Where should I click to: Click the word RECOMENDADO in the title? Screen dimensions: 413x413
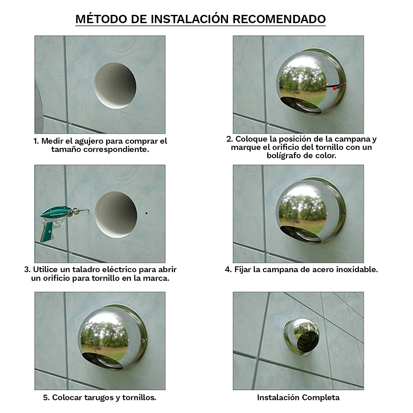[x=279, y=19]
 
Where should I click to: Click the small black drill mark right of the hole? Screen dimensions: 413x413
[x=147, y=213]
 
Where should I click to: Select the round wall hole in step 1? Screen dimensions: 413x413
[x=115, y=85]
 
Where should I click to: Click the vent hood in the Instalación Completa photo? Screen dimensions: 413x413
[x=301, y=336]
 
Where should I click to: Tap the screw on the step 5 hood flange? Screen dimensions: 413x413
[x=145, y=341]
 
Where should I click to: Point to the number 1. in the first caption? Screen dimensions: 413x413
[x=36, y=141]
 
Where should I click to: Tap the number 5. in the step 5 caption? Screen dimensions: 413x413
[x=47, y=397]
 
